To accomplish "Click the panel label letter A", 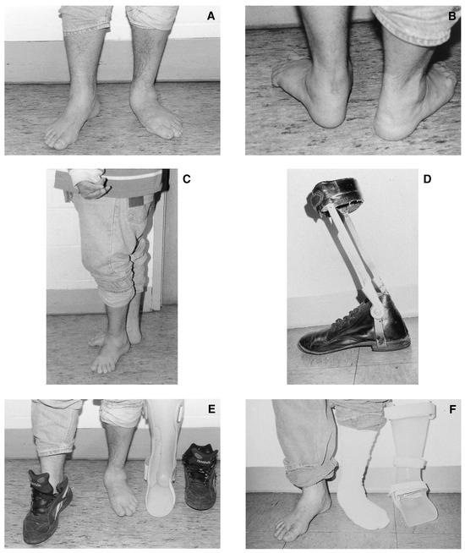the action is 211,16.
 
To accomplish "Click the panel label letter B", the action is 451,16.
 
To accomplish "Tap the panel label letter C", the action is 187,179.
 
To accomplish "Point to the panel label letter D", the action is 427,179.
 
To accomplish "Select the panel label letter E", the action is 211,408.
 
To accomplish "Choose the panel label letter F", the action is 452,408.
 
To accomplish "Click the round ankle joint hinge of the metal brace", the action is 376,312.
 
